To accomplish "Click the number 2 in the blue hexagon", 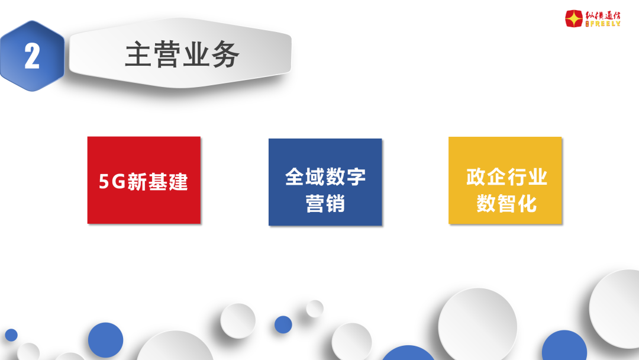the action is (x=32, y=56).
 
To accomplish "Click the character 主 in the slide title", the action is (x=138, y=54).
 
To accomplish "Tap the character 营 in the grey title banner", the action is (x=167, y=54).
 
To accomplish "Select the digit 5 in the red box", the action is (x=104, y=182).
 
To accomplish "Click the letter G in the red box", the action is (x=118, y=182).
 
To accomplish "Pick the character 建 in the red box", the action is (x=178, y=182).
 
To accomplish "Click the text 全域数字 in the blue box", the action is (x=325, y=176).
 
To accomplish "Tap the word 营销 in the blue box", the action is (x=325, y=204).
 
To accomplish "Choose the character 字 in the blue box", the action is (x=356, y=176).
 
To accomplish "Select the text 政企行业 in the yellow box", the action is (x=506, y=176).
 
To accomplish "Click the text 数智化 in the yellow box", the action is (x=506, y=204).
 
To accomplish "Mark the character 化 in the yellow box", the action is (x=527, y=204).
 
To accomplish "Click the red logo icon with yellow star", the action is (x=574, y=19).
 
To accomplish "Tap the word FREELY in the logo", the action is (x=605, y=24).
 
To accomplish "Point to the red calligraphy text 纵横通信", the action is (x=603, y=15).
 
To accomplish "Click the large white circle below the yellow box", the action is (x=477, y=326).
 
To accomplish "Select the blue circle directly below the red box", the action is (x=105, y=340).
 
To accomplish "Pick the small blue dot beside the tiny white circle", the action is (x=283, y=324).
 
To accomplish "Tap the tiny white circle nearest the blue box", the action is (x=315, y=308).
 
